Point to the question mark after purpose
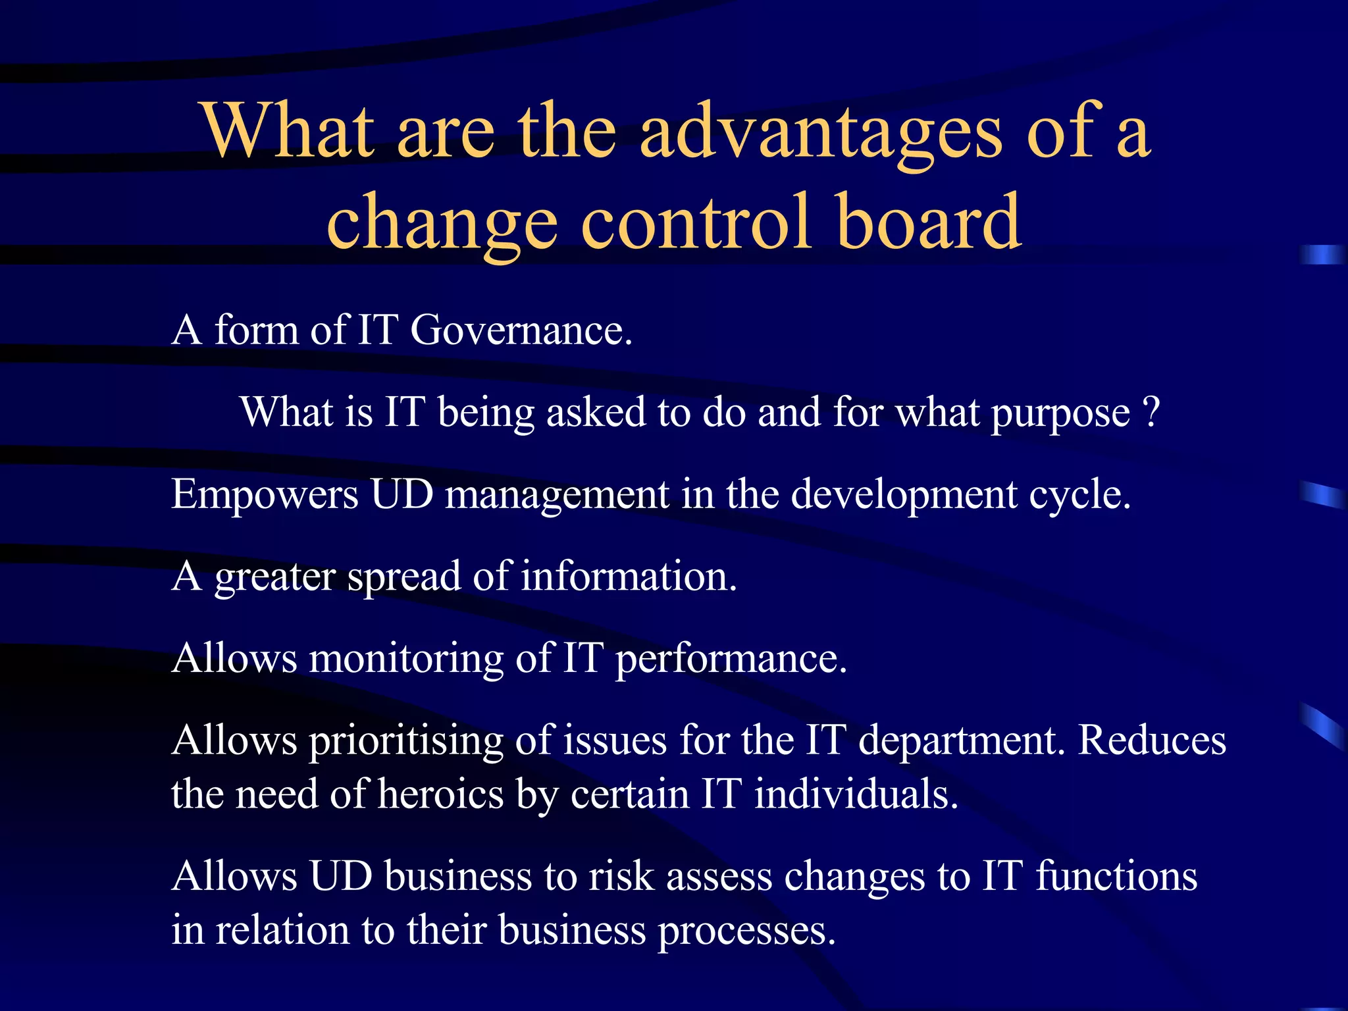point(1151,413)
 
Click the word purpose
point(1060,415)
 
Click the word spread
point(403,578)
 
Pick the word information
point(629,577)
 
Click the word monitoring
point(406,659)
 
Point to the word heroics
point(441,794)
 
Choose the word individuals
point(855,794)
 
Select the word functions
point(1116,877)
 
